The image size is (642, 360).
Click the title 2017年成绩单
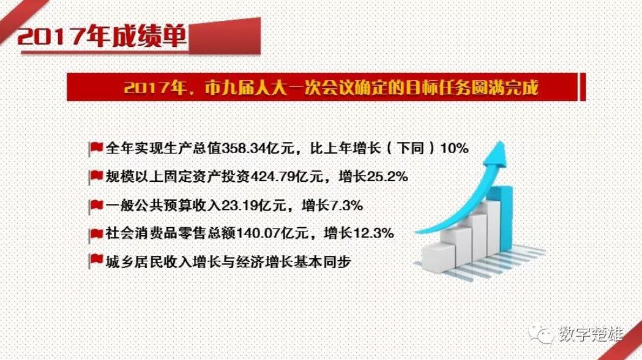tap(102, 37)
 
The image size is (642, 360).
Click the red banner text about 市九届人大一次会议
tap(331, 87)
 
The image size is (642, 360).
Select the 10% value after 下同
tap(454, 148)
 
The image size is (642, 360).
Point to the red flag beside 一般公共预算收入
tap(96, 205)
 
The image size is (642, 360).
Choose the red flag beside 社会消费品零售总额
tap(96, 234)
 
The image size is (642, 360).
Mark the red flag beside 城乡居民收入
tap(96, 261)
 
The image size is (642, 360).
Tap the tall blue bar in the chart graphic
tap(506, 218)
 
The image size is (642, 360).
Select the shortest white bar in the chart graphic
tap(438, 255)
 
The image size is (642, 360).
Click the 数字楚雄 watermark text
tap(591, 334)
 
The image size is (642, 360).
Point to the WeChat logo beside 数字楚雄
tap(542, 334)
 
